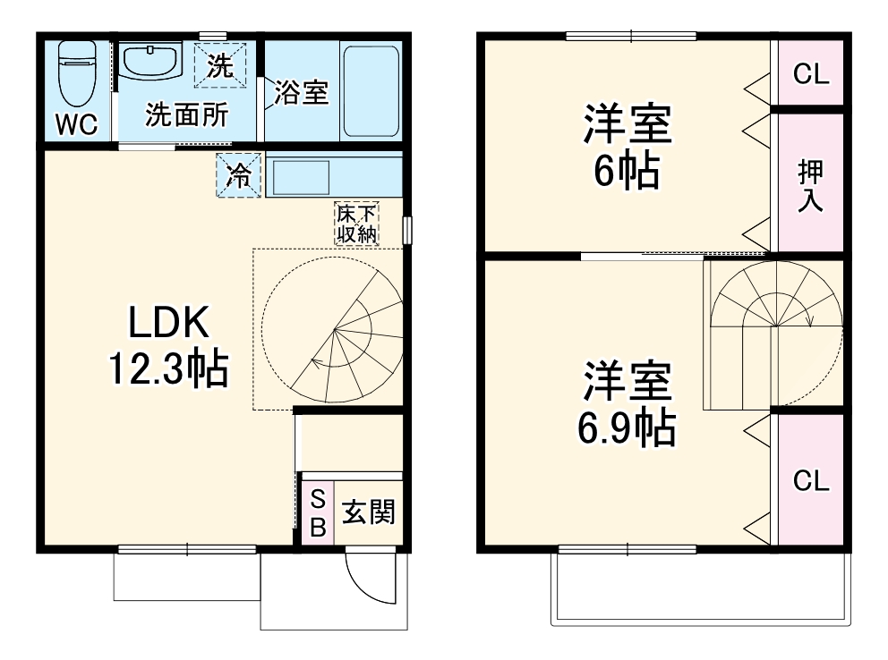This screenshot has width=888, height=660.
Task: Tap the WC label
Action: (x=76, y=125)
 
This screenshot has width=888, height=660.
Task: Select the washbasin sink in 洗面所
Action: (x=151, y=62)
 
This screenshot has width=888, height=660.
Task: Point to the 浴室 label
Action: (x=302, y=92)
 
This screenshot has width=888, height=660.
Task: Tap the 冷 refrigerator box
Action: (x=238, y=175)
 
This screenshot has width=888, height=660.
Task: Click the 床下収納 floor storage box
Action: (x=356, y=224)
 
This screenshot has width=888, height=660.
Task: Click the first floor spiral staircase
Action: (x=329, y=331)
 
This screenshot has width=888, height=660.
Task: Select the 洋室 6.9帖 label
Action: (x=627, y=405)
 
